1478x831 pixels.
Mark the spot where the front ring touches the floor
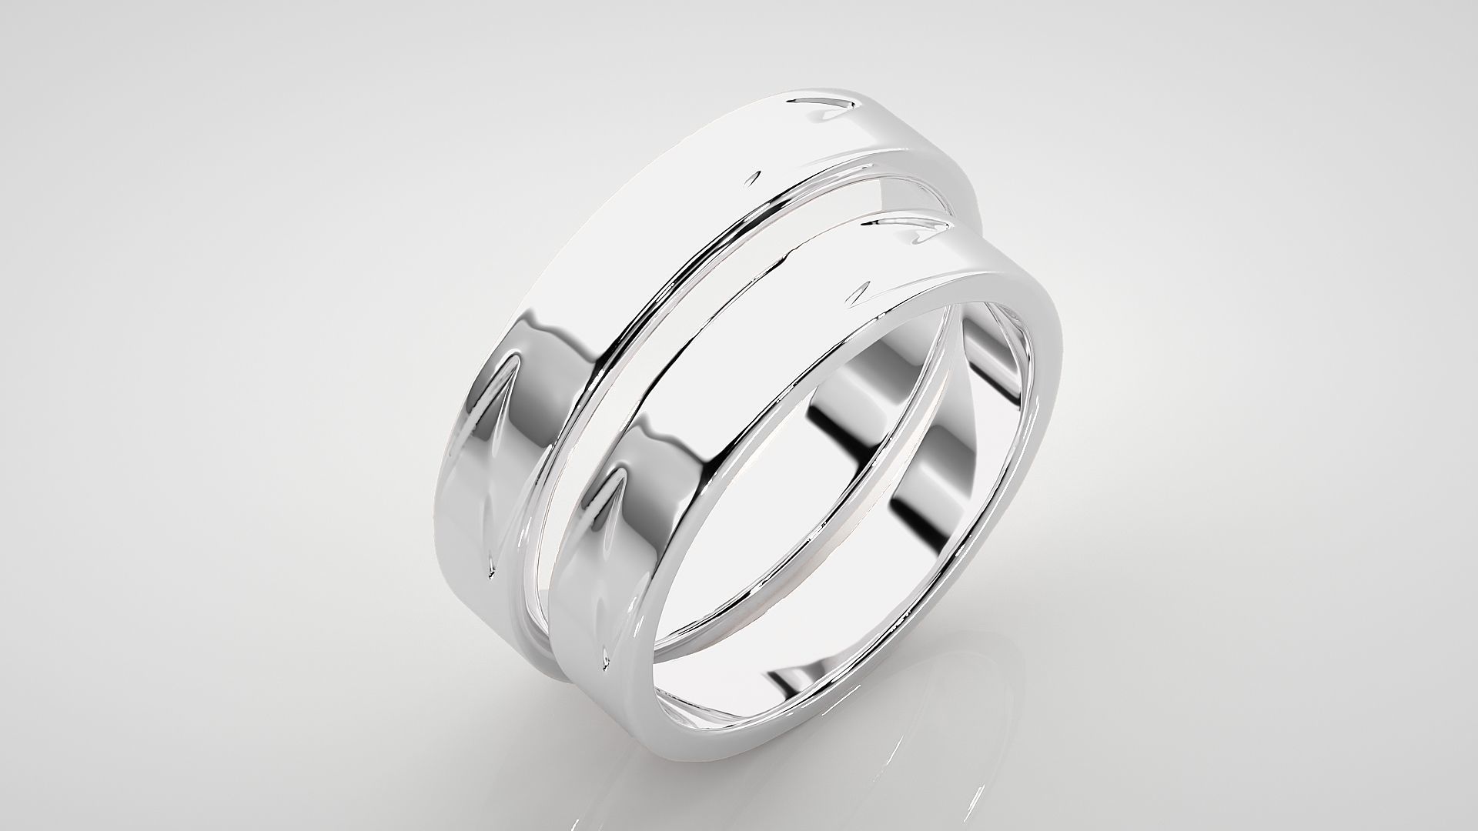coord(739,758)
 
